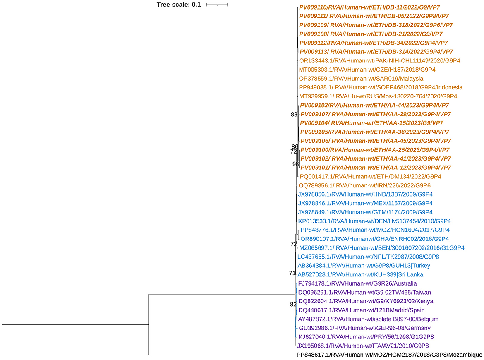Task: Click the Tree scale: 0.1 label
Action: pyautogui.click(x=178, y=5)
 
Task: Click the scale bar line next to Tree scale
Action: pyautogui.click(x=217, y=5)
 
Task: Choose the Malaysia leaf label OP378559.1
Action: pyautogui.click(x=361, y=79)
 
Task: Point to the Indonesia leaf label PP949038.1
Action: pyautogui.click(x=381, y=87)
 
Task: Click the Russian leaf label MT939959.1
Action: pyautogui.click(x=378, y=96)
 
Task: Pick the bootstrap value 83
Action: pyautogui.click(x=294, y=114)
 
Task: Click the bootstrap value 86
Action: pyautogui.click(x=295, y=146)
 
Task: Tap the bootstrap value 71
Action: pyautogui.click(x=292, y=273)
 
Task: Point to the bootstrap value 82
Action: pyautogui.click(x=293, y=305)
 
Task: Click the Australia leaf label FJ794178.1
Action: pyautogui.click(x=357, y=283)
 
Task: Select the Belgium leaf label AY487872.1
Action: pyautogui.click(x=368, y=319)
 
